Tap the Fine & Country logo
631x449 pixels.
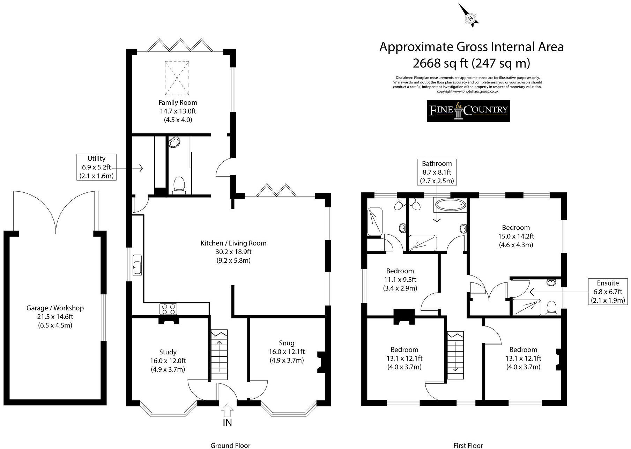pos(468,111)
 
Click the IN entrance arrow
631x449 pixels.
pos(227,411)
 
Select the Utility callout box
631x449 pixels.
pos(96,167)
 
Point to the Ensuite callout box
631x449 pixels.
pos(608,292)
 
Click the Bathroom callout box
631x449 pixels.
pos(437,172)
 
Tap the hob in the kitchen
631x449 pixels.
pos(168,309)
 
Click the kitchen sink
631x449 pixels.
pos(137,267)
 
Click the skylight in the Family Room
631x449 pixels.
pos(177,78)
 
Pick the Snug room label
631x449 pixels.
pos(287,343)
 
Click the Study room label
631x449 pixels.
pos(168,352)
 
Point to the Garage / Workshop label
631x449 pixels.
pos(55,308)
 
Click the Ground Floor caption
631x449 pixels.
pos(230,445)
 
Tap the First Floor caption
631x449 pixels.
pos(468,445)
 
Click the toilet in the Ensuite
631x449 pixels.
pos(551,308)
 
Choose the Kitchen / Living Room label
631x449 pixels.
pos(233,243)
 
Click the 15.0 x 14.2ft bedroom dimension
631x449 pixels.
pos(516,236)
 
